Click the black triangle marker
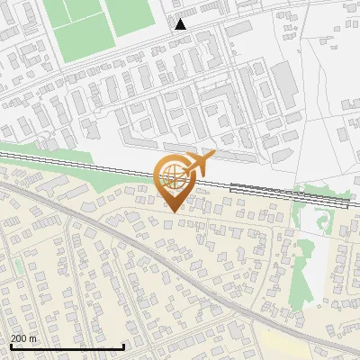[181, 24]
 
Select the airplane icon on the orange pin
[199, 165]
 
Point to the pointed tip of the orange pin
[174, 211]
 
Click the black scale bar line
[67, 346]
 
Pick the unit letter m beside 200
[33, 338]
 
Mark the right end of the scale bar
[123, 346]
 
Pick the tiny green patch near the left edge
[17, 267]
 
